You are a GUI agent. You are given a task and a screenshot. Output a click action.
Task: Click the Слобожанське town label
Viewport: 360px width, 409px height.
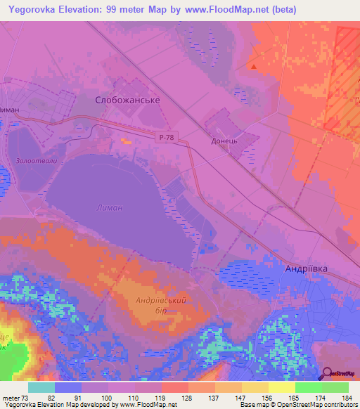(x=127, y=100)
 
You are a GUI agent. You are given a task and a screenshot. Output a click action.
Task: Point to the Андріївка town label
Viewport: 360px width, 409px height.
(x=307, y=269)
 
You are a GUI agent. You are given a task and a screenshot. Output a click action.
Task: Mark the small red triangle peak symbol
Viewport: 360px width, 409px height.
(x=254, y=67)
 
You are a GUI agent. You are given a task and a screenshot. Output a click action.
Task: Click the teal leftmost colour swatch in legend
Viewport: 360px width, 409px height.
(x=41, y=387)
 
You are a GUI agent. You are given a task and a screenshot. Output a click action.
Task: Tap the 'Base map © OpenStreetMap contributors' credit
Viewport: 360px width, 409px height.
(x=298, y=404)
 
